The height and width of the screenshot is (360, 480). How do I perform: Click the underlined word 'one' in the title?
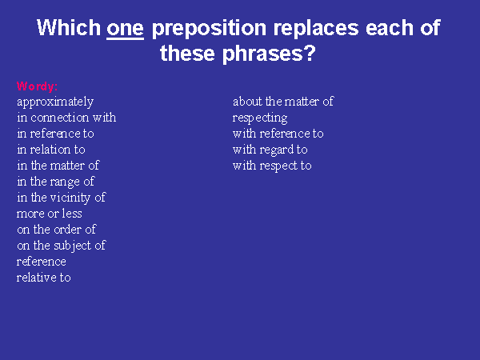click(125, 29)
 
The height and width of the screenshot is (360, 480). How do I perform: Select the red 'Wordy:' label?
click(37, 86)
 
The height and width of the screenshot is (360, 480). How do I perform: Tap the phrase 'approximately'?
click(55, 102)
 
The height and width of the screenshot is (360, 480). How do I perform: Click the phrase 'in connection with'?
click(66, 118)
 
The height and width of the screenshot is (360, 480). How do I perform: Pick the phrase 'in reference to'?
click(55, 134)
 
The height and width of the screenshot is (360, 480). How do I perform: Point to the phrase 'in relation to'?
click(51, 150)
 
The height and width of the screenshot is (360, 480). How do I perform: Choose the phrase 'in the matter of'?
click(58, 166)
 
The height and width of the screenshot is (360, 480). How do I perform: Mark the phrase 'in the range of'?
click(56, 182)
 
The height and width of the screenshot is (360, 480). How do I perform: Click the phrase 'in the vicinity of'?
click(62, 198)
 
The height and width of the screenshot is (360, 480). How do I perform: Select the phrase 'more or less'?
click(49, 214)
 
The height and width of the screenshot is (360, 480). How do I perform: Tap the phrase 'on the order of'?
click(56, 230)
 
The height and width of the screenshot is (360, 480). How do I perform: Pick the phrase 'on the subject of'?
click(62, 246)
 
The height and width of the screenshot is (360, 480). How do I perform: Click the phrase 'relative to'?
click(43, 278)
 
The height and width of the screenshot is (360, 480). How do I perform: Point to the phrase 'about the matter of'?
click(283, 102)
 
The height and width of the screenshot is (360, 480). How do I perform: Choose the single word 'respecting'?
click(260, 118)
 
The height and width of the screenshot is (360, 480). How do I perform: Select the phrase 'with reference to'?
click(278, 134)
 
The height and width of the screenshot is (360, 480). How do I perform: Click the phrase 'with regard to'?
click(270, 150)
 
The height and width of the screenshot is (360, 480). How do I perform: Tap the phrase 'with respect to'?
click(272, 166)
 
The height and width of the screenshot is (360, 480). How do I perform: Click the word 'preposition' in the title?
click(209, 29)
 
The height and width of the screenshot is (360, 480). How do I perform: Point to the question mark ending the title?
click(310, 53)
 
